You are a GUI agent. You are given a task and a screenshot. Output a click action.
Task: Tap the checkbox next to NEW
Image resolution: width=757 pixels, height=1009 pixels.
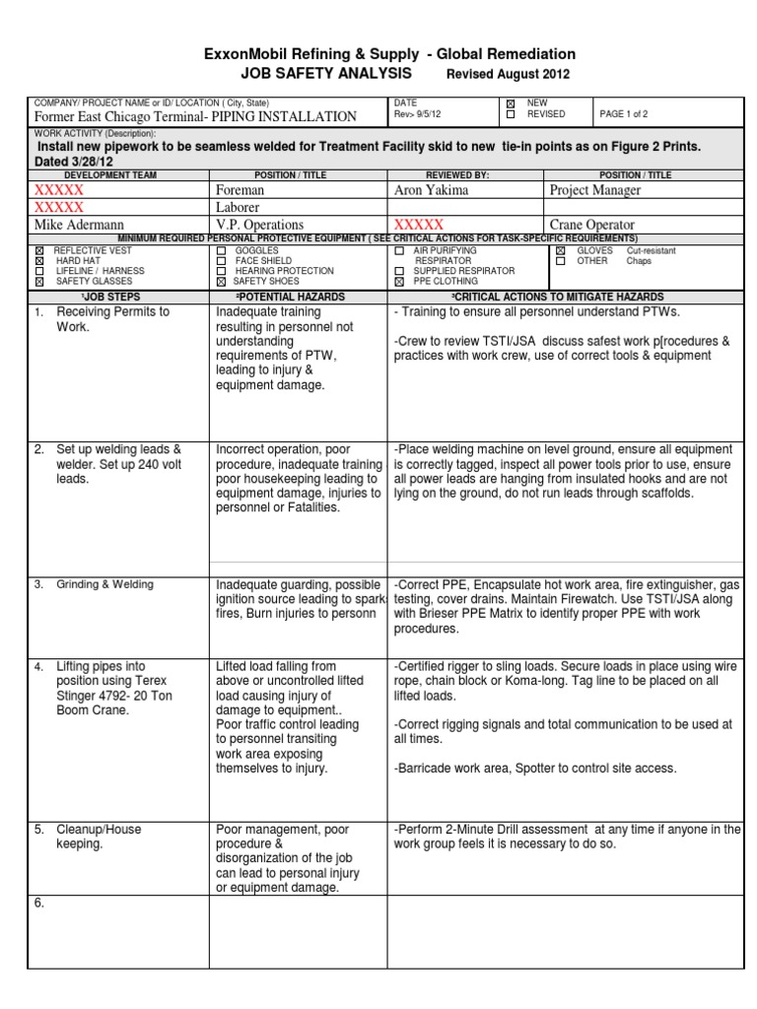pyautogui.click(x=510, y=102)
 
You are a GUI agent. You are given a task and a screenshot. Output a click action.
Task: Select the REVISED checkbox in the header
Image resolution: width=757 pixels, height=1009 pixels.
pyautogui.click(x=510, y=114)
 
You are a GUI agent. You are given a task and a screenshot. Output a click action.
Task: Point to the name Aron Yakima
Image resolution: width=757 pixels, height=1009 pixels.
pyautogui.click(x=432, y=189)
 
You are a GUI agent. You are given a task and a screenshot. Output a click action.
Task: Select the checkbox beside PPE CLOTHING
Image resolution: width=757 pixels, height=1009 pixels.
pyautogui.click(x=399, y=282)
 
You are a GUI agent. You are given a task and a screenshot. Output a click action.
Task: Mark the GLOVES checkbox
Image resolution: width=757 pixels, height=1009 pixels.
pyautogui.click(x=560, y=251)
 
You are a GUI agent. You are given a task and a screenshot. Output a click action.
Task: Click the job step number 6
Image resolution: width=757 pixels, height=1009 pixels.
pyautogui.click(x=39, y=904)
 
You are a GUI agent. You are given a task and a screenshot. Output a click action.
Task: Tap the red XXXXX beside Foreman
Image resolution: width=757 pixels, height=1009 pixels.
pyautogui.click(x=59, y=189)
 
